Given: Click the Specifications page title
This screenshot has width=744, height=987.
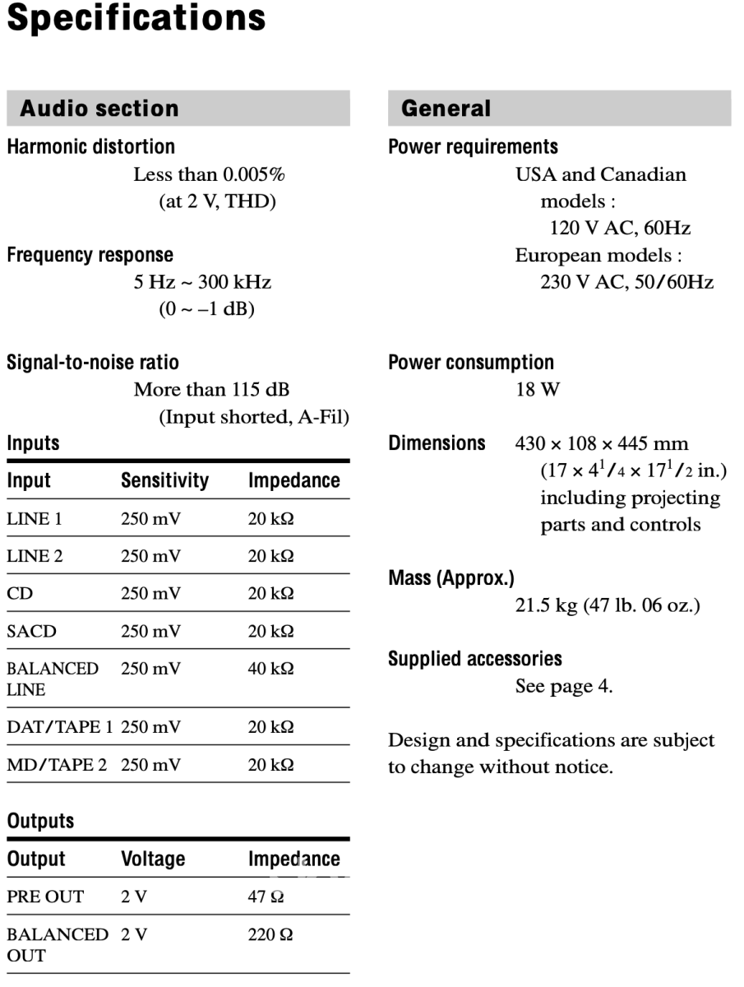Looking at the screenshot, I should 136,18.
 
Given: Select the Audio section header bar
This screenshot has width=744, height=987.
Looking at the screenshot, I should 178,109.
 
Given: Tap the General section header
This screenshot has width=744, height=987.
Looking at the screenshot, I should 559,109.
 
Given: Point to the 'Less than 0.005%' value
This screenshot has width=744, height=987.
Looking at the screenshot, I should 210,174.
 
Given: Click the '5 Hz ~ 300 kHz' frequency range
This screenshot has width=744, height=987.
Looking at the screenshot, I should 202,283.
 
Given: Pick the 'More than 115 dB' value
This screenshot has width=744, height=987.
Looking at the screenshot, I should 211,389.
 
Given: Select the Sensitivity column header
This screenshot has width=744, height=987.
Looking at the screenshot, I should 164,480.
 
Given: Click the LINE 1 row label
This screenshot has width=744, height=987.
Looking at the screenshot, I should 34,519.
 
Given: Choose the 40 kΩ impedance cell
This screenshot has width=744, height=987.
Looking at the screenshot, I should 270,669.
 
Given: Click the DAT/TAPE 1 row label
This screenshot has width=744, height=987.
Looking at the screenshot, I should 59,727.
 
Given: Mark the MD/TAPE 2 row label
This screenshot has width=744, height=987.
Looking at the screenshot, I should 57,765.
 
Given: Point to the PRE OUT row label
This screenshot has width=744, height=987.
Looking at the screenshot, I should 44,897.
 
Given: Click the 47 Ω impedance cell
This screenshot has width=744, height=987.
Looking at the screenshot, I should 266,897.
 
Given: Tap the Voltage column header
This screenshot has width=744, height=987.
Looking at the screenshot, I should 153,859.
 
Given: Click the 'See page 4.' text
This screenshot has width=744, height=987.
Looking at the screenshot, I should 563,686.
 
